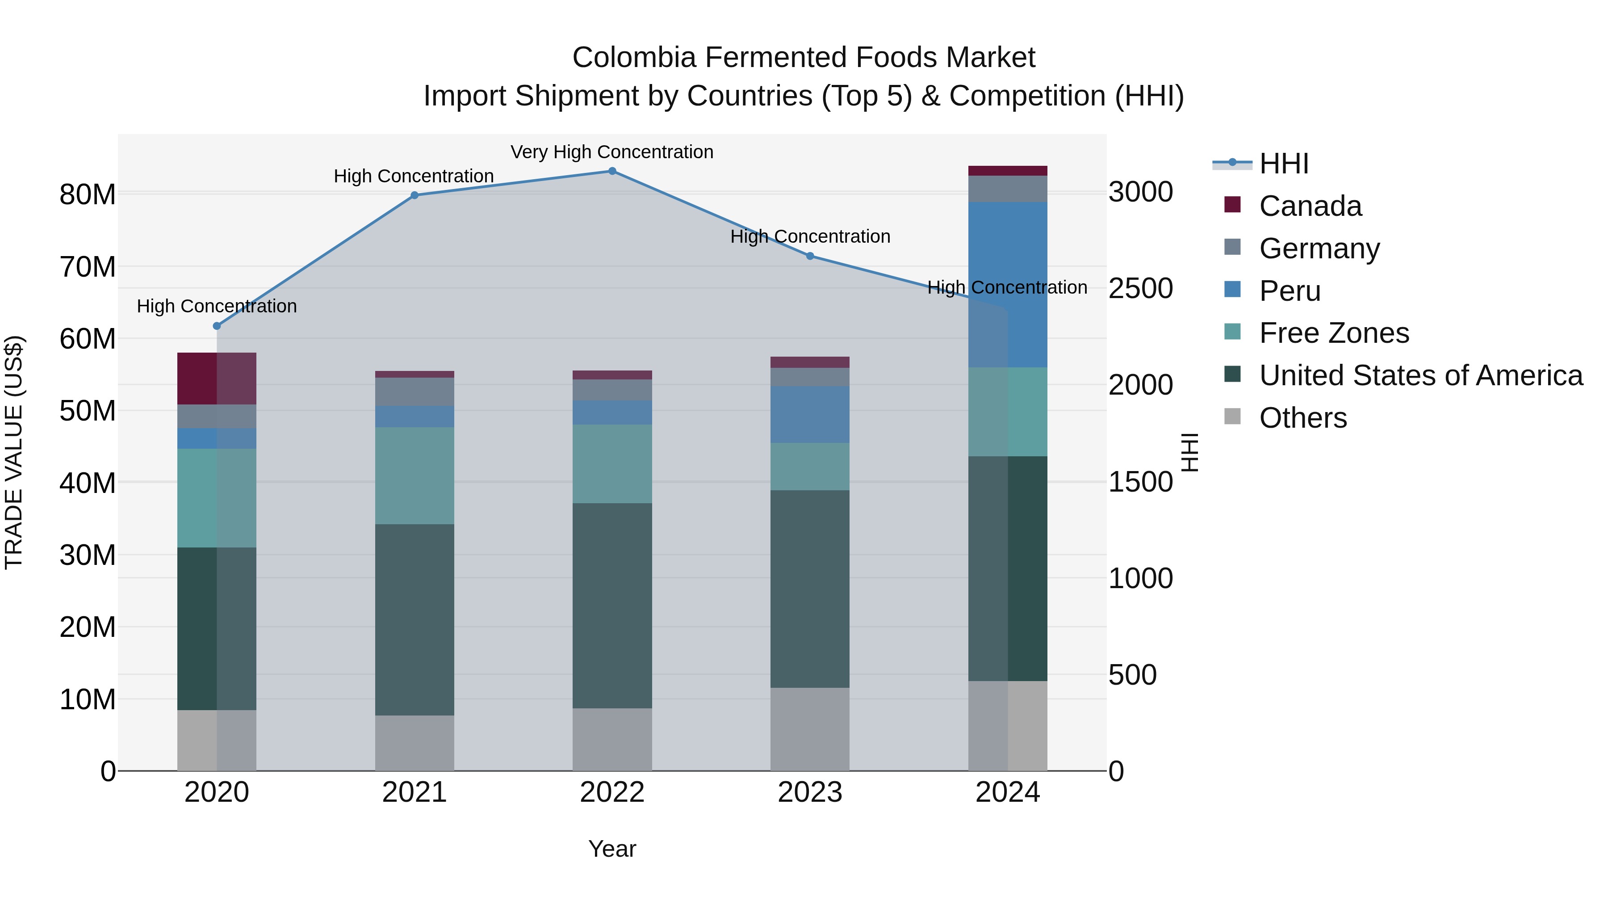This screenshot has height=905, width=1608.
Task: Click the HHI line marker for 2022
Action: coord(612,171)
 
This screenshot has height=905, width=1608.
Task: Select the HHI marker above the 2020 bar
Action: coord(217,326)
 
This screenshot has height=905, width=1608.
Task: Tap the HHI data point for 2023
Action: coord(810,256)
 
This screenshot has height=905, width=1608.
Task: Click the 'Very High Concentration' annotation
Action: coord(612,152)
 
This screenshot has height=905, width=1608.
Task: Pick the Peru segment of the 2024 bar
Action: coord(1008,284)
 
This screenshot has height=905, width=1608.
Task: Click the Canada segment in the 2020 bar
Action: coord(217,379)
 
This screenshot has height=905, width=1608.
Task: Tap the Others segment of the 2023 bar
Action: coord(810,729)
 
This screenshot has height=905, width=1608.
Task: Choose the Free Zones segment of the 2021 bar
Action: coord(415,476)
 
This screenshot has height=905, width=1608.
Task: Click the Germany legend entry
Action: coord(1319,248)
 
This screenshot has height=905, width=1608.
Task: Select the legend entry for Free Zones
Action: coord(1334,333)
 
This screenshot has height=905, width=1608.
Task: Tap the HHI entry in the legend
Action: coord(1283,164)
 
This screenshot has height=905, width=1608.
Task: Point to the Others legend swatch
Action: coord(1232,417)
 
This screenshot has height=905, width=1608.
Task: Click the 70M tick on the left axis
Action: coord(88,267)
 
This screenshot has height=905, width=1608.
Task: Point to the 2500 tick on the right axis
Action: coord(1140,289)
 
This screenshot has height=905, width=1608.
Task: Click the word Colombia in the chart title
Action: coord(634,58)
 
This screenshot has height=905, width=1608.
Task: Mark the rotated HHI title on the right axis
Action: coord(1190,452)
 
